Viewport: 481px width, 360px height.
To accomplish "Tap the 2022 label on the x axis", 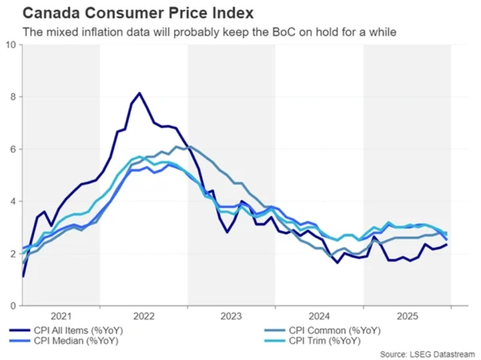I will click(144, 317).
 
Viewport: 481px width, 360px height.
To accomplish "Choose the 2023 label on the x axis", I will click(232, 317).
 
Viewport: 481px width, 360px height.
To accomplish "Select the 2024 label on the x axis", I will click(320, 317).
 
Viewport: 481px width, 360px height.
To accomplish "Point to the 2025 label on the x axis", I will click(407, 317).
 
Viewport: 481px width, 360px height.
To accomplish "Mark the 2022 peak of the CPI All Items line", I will click(140, 94).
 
